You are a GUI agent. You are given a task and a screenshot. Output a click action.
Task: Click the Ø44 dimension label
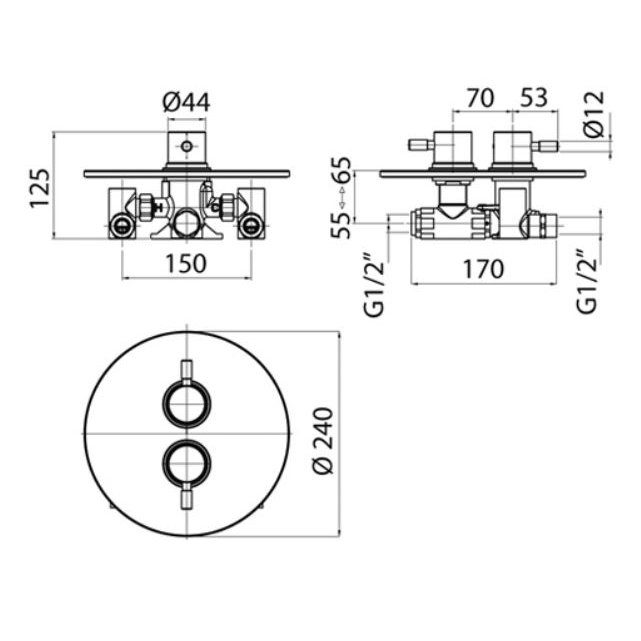tap(186, 102)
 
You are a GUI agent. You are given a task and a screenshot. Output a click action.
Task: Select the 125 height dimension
tap(40, 188)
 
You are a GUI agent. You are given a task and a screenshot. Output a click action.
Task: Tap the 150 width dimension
tap(186, 264)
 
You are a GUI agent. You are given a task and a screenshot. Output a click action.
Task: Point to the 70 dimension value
tap(480, 98)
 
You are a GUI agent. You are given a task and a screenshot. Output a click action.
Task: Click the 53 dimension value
tap(534, 98)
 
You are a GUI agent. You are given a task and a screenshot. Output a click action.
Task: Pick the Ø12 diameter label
tap(594, 114)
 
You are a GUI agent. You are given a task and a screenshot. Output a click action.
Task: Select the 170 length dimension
tap(483, 269)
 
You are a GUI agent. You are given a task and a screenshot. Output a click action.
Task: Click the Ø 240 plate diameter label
tap(324, 441)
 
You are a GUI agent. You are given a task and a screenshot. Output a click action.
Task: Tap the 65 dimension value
tap(341, 170)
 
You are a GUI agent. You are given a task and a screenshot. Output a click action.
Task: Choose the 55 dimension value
tap(341, 225)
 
